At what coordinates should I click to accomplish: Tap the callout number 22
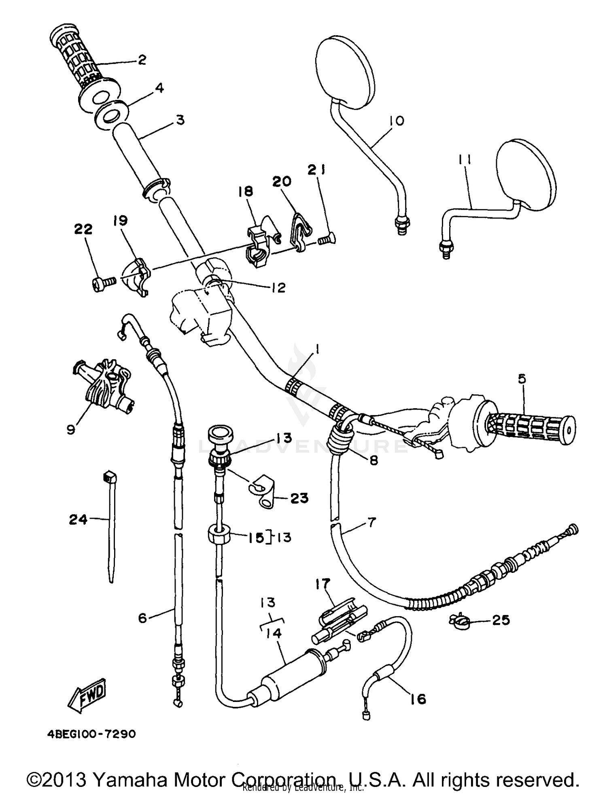point(83,229)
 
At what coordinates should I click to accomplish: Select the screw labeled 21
point(325,240)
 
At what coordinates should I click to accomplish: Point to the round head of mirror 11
point(524,175)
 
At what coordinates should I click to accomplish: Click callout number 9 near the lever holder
point(71,429)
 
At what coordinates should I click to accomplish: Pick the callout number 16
point(418,699)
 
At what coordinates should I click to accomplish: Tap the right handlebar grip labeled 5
point(530,429)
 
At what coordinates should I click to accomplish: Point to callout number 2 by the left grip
point(142,60)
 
